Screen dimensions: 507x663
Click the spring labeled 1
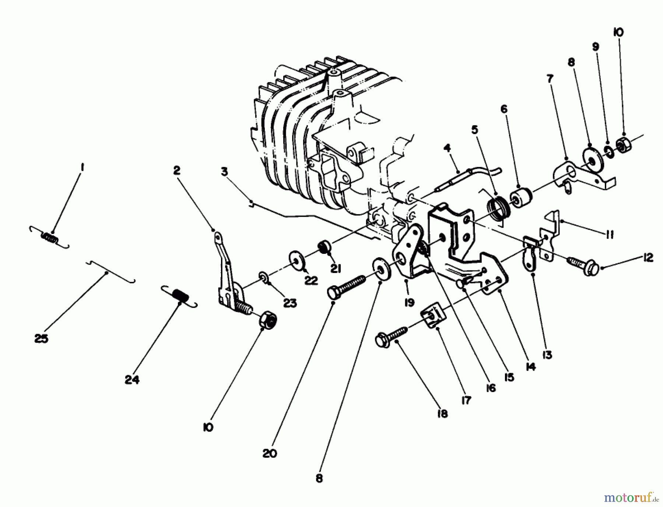tap(49, 238)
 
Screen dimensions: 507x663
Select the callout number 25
tap(41, 339)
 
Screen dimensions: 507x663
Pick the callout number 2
tap(177, 170)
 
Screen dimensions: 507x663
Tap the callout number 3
tap(224, 172)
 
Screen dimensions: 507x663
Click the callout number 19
tap(409, 302)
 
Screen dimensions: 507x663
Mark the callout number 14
tap(530, 367)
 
